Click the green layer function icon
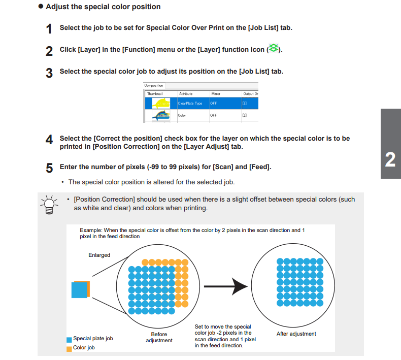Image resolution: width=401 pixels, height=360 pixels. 274,49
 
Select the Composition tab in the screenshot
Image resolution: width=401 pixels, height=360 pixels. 154,85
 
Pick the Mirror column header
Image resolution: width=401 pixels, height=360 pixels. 216,94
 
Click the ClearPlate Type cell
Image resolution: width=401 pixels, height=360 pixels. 190,103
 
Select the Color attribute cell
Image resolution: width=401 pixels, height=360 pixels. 182,115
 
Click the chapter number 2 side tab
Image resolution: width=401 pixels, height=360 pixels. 390,159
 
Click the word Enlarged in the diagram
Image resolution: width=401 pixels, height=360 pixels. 99,255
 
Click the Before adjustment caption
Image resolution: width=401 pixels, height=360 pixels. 159,337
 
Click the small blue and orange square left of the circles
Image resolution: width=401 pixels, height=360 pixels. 80,289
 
